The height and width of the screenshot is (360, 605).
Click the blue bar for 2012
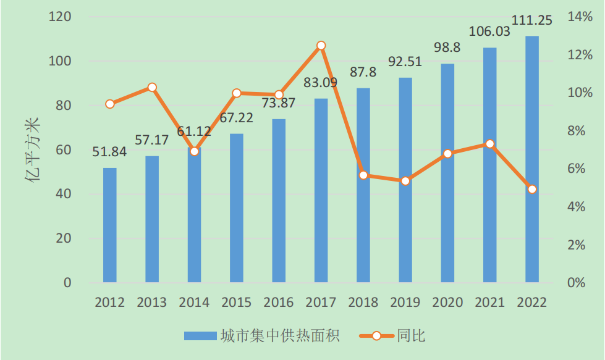point(109,225)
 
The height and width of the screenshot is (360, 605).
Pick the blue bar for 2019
point(405,180)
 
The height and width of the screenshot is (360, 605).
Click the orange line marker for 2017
point(321,46)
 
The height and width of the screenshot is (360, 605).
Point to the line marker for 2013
point(152,88)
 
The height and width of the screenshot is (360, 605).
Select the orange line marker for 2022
point(531,189)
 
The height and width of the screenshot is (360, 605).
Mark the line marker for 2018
point(363,175)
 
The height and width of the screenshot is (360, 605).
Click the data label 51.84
point(109,152)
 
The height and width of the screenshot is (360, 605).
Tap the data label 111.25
point(531,20)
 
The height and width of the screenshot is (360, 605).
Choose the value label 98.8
point(447,48)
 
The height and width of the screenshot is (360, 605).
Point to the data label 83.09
point(321,82)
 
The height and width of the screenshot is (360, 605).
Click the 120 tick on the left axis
point(61,17)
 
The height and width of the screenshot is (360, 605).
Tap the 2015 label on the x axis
point(237,303)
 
